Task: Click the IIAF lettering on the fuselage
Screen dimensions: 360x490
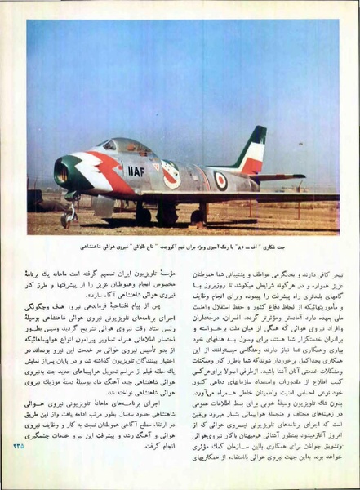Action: pyautogui.click(x=136, y=171)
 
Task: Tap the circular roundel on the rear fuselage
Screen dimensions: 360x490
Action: pyautogui.click(x=220, y=180)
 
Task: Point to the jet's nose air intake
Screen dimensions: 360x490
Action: pyautogui.click(x=61, y=171)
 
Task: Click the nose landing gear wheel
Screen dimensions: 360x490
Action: pyautogui.click(x=67, y=219)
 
